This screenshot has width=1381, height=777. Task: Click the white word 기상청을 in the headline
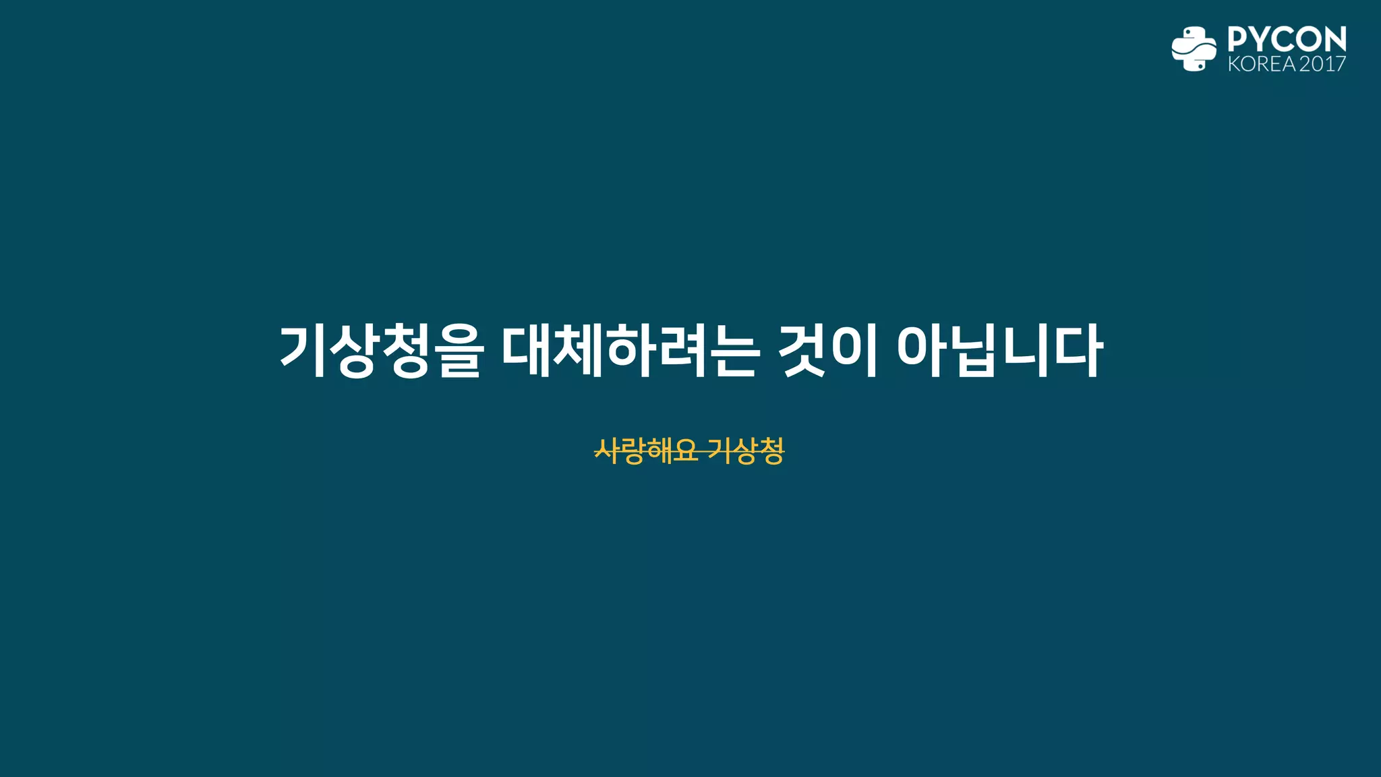[382, 351]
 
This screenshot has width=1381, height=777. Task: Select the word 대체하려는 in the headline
[630, 351]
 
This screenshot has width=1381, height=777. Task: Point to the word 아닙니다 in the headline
[1000, 351]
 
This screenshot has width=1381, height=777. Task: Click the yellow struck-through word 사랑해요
[646, 451]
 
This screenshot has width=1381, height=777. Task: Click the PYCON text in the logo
[1287, 39]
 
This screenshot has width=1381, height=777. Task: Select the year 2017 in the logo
[1322, 64]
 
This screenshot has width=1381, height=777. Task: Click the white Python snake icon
[1194, 49]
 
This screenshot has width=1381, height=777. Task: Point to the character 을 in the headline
[459, 351]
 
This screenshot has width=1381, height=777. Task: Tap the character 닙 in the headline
[972, 351]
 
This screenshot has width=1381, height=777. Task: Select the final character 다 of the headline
[1078, 351]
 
